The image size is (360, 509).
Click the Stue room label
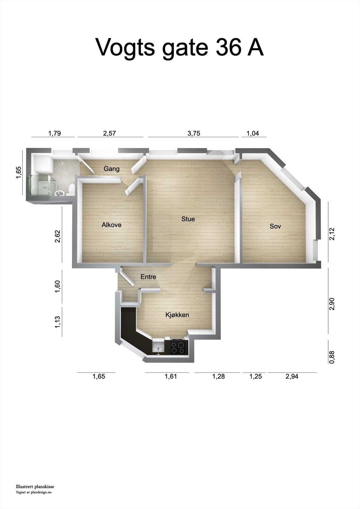(x=188, y=219)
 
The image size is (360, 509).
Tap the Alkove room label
(x=111, y=225)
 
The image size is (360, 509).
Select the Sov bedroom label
(x=275, y=226)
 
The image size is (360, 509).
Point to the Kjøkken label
(x=177, y=315)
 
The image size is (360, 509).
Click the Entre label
(x=148, y=277)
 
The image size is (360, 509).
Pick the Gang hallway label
(x=112, y=169)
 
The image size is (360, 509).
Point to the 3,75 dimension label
(x=194, y=133)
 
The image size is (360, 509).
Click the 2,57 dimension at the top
(x=109, y=133)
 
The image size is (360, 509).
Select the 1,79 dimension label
(x=54, y=133)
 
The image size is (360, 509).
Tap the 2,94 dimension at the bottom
(x=292, y=376)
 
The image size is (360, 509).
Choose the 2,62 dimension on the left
(x=58, y=236)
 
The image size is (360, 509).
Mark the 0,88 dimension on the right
(x=332, y=357)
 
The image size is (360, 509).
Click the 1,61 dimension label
(x=170, y=376)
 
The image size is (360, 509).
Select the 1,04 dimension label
(x=253, y=133)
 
